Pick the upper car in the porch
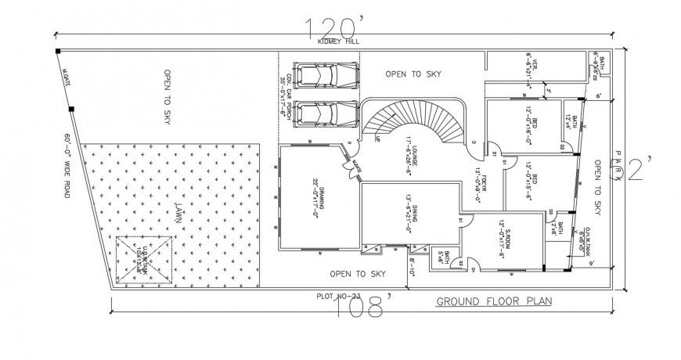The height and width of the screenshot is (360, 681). pos(319,76)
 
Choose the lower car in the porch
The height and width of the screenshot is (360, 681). pos(319,113)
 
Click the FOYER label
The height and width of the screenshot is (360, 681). pos(478,178)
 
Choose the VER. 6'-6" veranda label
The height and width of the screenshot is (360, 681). pos(531,69)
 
